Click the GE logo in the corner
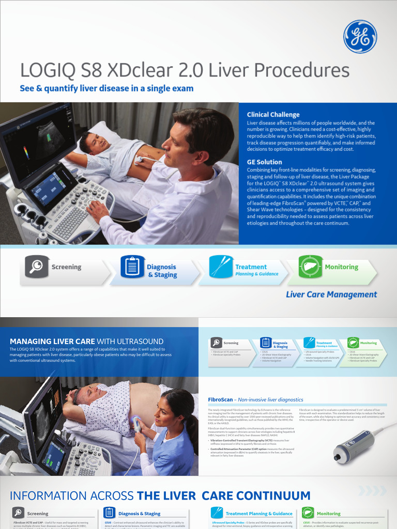(x=360, y=36)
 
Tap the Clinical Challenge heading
(x=273, y=115)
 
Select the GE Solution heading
(x=264, y=162)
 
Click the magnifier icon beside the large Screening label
(x=37, y=267)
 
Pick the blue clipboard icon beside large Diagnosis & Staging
(x=132, y=267)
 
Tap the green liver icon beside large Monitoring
(x=311, y=267)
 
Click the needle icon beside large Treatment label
(x=221, y=267)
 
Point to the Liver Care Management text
(x=331, y=294)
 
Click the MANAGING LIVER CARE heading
(x=52, y=341)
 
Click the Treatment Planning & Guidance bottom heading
(x=258, y=514)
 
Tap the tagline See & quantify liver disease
(x=106, y=88)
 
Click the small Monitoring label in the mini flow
(x=368, y=343)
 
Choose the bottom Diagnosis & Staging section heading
(x=139, y=514)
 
